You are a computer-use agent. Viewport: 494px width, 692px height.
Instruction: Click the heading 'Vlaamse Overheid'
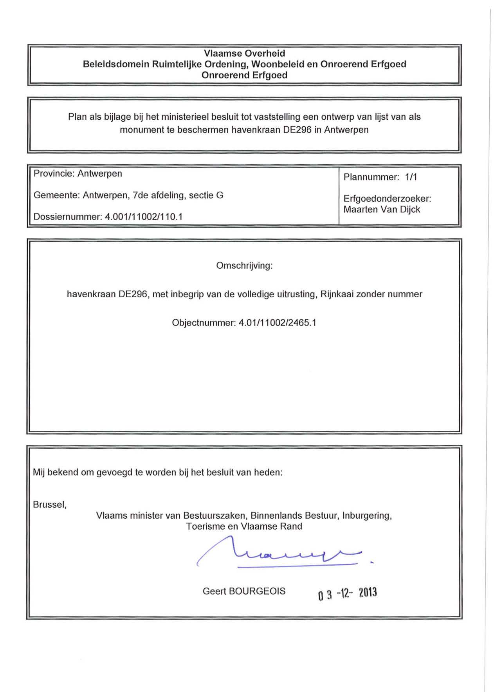click(244, 53)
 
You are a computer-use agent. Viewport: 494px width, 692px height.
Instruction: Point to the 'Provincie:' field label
click(54, 174)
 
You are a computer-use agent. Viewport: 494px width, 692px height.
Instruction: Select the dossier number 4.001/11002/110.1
click(144, 217)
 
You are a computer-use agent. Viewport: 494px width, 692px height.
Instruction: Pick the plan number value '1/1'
click(411, 177)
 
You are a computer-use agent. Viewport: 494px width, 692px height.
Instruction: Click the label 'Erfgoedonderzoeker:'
click(387, 199)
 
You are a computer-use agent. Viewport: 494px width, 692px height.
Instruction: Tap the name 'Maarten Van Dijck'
click(382, 210)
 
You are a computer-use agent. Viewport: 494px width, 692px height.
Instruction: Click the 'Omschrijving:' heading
click(244, 266)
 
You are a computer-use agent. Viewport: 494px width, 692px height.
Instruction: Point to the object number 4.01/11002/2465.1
click(277, 323)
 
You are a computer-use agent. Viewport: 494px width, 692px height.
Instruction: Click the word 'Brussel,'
click(50, 505)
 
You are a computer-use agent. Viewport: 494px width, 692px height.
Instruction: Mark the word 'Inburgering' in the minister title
click(366, 516)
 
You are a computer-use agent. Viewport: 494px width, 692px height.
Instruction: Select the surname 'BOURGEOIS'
click(257, 591)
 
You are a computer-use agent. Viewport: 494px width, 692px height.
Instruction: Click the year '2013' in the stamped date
click(368, 593)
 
